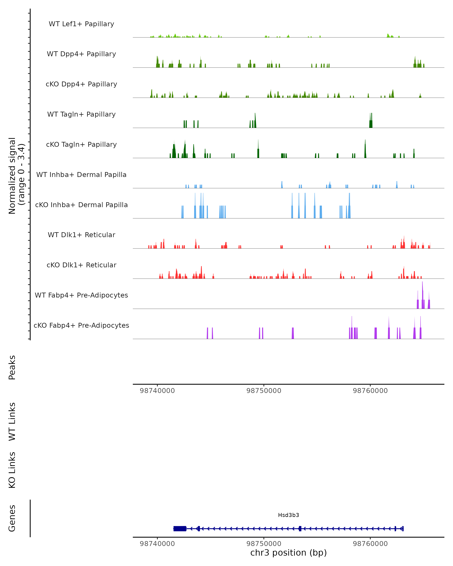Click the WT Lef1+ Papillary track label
click(x=81, y=24)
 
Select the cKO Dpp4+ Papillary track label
click(x=81, y=84)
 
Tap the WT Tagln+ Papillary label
click(x=81, y=115)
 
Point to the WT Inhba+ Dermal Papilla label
click(x=81, y=175)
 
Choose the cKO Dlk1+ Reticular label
click(x=81, y=265)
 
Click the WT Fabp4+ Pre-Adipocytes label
click(x=81, y=295)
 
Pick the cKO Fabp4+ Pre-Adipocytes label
click(x=81, y=325)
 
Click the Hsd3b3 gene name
click(x=288, y=515)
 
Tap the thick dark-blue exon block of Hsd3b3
click(x=180, y=529)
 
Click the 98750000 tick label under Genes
click(x=264, y=544)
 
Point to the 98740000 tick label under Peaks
click(x=157, y=391)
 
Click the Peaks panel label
click(x=12, y=368)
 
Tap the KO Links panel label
click(x=12, y=470)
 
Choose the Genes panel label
click(x=12, y=518)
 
